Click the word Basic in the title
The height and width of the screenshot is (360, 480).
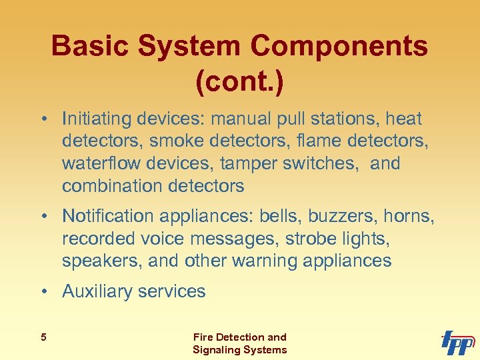[x=93, y=47]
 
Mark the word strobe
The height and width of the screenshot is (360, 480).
[x=306, y=238]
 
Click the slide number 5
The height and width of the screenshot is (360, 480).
[x=43, y=337]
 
